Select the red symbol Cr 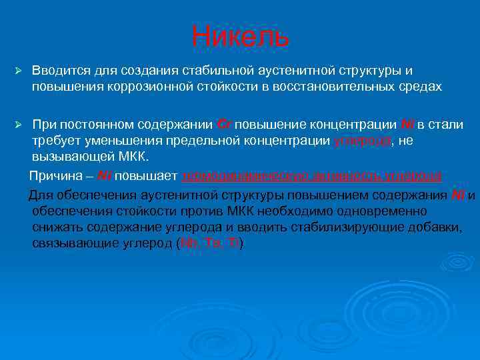pos(225,125)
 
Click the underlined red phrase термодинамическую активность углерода pos(311,176)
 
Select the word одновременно pos(421,211)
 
